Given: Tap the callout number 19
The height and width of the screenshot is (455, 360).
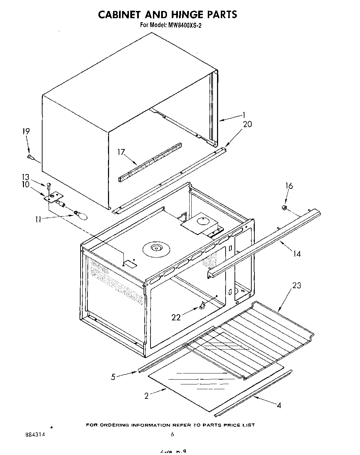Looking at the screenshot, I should click(x=26, y=131).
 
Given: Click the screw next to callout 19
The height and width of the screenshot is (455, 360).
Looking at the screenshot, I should click(x=30, y=157).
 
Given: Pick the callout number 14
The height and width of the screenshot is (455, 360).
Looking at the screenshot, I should click(x=297, y=254).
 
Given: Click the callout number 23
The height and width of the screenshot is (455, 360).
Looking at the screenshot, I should click(x=297, y=285).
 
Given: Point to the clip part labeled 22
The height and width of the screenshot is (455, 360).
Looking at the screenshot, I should click(x=202, y=304).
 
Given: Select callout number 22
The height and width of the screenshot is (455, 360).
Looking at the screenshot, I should click(x=176, y=318).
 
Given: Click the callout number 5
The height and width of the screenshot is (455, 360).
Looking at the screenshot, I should click(x=113, y=377).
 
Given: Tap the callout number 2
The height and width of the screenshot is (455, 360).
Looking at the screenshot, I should click(x=147, y=396).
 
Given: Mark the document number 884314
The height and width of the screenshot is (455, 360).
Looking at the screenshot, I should click(x=36, y=434).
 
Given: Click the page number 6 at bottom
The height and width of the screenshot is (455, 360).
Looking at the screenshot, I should click(x=172, y=434).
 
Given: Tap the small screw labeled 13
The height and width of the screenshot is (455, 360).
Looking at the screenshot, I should click(x=49, y=185).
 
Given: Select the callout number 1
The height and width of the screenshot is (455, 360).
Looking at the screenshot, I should click(x=244, y=115).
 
